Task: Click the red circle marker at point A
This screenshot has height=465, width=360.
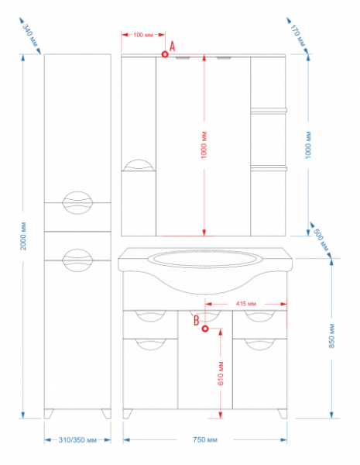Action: [165, 54]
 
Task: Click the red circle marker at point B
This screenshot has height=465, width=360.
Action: [205, 329]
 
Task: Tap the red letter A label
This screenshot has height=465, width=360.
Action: [172, 46]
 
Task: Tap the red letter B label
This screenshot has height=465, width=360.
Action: [196, 321]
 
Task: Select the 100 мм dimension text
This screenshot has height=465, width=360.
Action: [143, 35]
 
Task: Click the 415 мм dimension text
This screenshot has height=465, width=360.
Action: [246, 304]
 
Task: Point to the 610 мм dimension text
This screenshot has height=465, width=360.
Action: [221, 374]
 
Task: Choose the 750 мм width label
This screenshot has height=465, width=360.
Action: [205, 439]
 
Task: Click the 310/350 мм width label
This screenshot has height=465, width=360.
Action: [77, 439]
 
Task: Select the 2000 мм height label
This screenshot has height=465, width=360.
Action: [23, 236]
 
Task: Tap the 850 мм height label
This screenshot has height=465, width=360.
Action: [331, 336]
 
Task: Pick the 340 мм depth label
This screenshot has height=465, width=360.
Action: [30, 36]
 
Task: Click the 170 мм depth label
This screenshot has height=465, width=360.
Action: [297, 36]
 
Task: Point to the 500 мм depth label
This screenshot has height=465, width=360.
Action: [321, 240]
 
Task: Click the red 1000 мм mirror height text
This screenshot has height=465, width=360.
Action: [204, 145]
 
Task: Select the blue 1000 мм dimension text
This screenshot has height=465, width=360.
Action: [308, 145]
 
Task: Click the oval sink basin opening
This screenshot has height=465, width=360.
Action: [205, 258]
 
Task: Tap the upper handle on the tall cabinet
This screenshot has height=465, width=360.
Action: [77, 203]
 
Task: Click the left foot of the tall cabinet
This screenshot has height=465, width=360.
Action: [49, 414]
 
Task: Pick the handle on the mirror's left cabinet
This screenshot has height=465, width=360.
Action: [139, 165]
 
